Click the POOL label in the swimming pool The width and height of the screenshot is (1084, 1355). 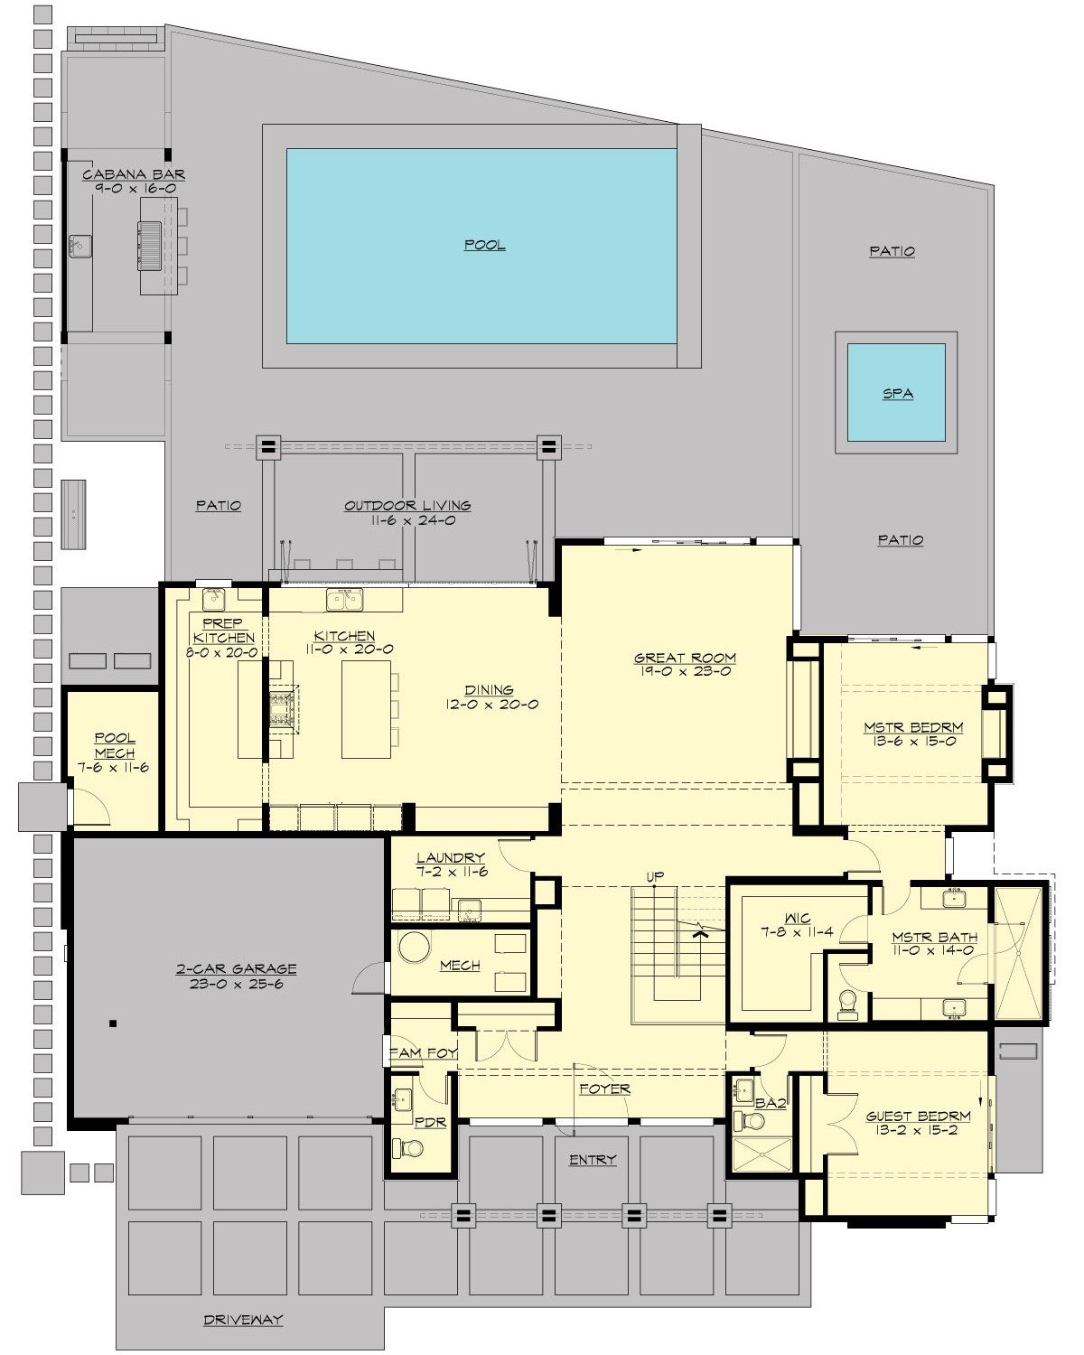484,245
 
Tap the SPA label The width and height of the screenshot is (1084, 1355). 897,394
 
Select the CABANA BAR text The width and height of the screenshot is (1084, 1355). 134,174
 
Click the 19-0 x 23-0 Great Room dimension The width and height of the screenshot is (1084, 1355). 685,671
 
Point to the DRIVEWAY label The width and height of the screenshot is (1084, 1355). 243,1320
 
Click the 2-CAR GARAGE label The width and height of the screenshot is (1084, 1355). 236,969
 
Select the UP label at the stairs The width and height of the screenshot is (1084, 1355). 655,876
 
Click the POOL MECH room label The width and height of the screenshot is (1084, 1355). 115,745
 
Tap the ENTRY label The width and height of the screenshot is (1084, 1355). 593,1160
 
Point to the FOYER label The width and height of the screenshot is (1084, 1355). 604,1089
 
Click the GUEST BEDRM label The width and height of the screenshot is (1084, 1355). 918,1116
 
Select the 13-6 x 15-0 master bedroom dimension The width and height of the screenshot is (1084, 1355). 913,741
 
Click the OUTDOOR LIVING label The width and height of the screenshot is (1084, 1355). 407,506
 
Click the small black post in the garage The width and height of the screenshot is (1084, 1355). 112,1023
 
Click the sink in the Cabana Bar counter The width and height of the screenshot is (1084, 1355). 79,244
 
